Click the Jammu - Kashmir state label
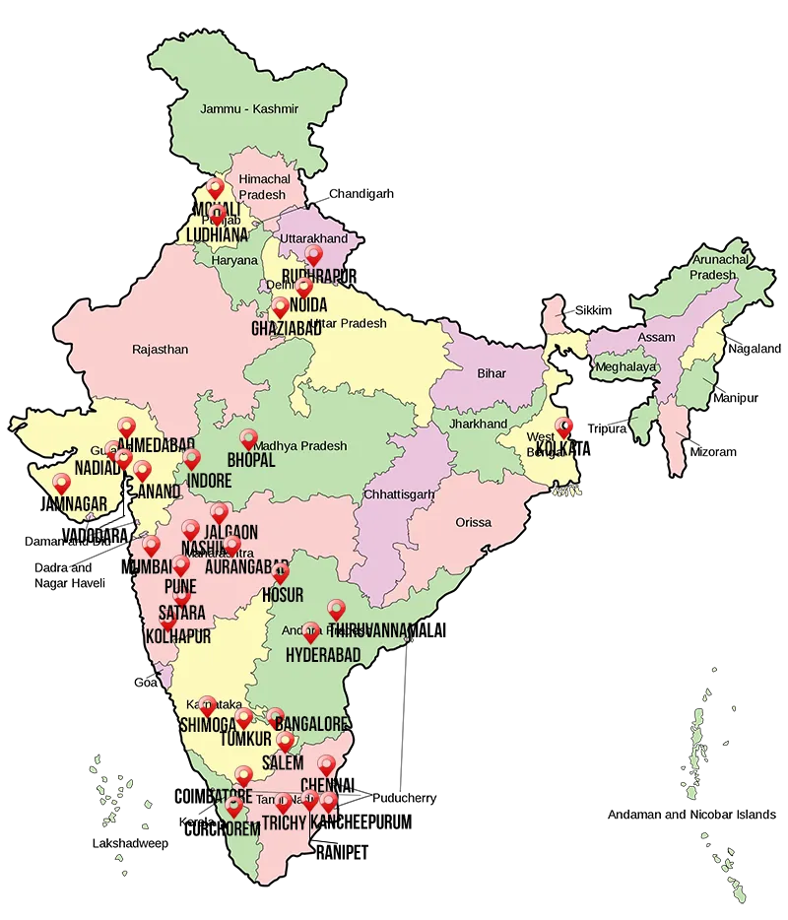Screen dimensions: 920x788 [x=248, y=108]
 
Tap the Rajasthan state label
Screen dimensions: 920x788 [x=160, y=349]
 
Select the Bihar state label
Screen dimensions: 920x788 [x=492, y=373]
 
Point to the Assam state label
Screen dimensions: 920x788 [x=657, y=337]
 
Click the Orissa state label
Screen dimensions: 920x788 [x=473, y=522]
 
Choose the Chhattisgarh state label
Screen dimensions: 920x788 [x=396, y=493]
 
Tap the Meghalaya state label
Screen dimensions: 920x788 [x=624, y=366]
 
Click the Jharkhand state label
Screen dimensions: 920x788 [x=478, y=424]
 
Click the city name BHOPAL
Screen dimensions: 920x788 [x=251, y=460]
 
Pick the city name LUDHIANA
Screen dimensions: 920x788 [x=217, y=235]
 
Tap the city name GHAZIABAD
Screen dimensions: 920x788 [x=286, y=328]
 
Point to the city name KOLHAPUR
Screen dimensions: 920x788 [x=178, y=637]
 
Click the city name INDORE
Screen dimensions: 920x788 [x=209, y=481]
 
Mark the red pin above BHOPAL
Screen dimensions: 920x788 [x=248, y=437]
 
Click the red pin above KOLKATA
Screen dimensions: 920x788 [x=563, y=426]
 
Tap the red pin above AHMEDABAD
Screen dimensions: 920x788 [x=126, y=426]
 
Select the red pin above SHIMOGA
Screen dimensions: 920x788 [x=207, y=703]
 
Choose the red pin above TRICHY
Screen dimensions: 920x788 [x=284, y=802]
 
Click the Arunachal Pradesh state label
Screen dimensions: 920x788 [x=713, y=267]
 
